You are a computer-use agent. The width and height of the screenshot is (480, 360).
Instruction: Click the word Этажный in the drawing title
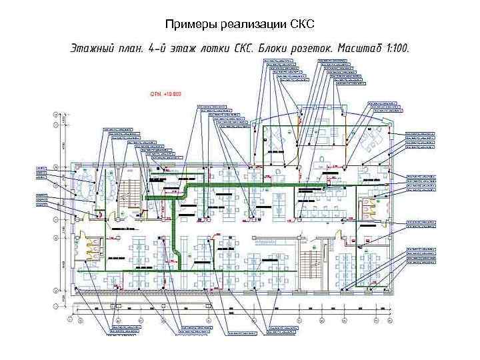94,50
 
